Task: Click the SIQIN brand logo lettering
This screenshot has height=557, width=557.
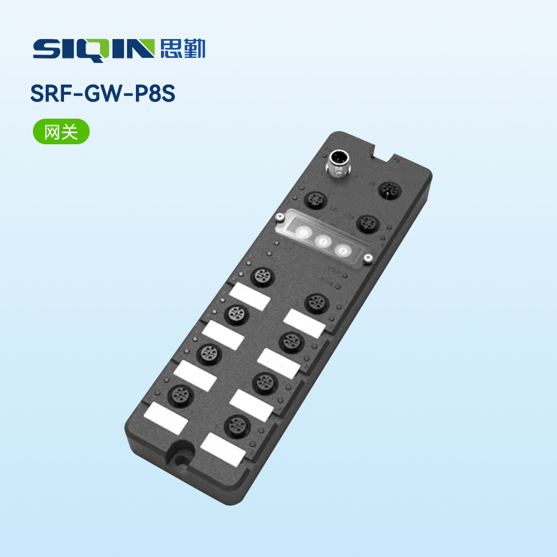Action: [x=94, y=50]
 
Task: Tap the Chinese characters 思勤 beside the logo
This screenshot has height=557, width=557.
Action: [x=183, y=48]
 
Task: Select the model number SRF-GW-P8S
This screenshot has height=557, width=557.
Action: [x=102, y=94]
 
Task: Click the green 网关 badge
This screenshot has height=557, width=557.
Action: [x=61, y=131]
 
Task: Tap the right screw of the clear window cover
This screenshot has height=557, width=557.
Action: [x=368, y=258]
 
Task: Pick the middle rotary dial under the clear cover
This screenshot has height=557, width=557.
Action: [x=323, y=242]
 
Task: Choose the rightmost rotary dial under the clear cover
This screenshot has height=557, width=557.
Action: [x=343, y=251]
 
